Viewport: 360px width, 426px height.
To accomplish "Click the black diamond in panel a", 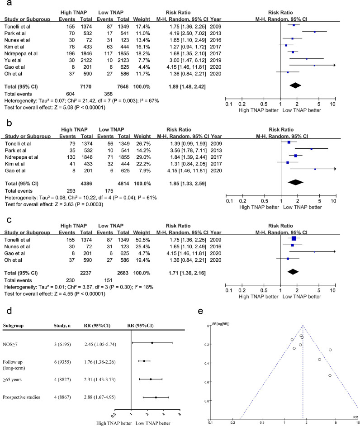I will (294, 85).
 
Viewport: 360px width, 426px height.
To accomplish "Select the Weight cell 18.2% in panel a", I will (140, 52).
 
